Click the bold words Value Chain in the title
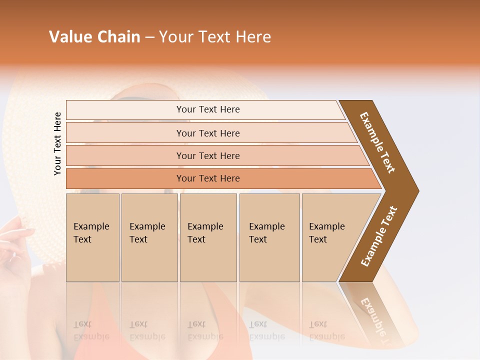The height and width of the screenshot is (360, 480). pyautogui.click(x=94, y=37)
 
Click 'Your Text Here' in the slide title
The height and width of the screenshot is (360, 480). pyautogui.click(x=215, y=37)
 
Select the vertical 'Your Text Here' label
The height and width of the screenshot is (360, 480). pyautogui.click(x=57, y=143)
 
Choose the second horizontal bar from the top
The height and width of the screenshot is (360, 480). pyautogui.click(x=207, y=133)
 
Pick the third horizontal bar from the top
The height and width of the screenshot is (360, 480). pyautogui.click(x=207, y=155)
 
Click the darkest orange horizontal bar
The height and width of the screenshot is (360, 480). pyautogui.click(x=207, y=178)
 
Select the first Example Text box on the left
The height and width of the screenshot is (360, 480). pyautogui.click(x=92, y=237)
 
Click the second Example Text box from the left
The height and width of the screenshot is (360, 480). pyautogui.click(x=149, y=237)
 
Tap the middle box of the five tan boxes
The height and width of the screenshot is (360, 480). pyautogui.click(x=208, y=237)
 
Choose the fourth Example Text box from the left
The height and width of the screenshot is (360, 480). pyautogui.click(x=269, y=237)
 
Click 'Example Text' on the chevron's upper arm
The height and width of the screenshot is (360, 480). pyautogui.click(x=377, y=142)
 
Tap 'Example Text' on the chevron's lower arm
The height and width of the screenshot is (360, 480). pyautogui.click(x=379, y=236)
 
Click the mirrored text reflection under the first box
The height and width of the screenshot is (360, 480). pyautogui.click(x=91, y=330)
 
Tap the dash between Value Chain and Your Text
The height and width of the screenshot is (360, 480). pyautogui.click(x=149, y=37)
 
